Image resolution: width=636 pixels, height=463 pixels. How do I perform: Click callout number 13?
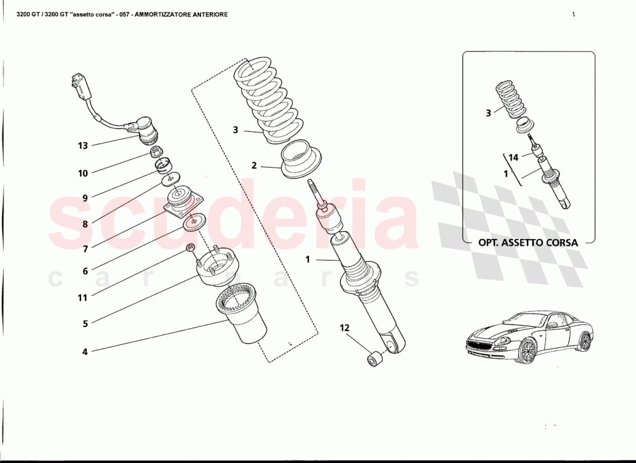[x=83, y=146]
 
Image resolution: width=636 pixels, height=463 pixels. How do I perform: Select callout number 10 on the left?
[x=83, y=173]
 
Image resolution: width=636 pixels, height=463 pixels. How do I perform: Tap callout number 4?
[x=85, y=351]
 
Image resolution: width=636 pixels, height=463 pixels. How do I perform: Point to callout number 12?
[x=345, y=328]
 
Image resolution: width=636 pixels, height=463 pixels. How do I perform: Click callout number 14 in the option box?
[x=513, y=157]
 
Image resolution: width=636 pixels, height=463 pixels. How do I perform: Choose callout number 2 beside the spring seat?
[x=254, y=166]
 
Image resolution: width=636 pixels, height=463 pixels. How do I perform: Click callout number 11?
[x=83, y=298]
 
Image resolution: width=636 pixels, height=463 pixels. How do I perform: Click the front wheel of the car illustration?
[x=527, y=351]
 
